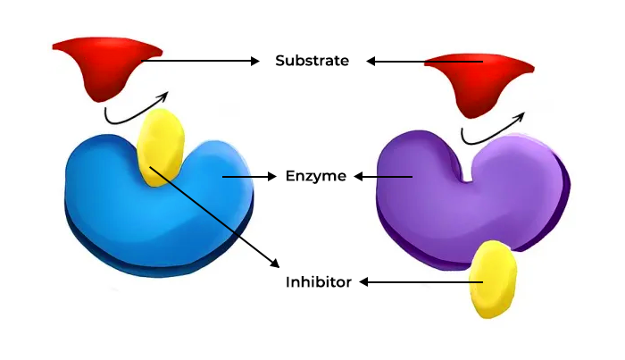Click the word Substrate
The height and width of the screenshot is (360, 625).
pos(312,61)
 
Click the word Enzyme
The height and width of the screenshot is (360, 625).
pos(315,176)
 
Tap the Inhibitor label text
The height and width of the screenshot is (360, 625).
pos(318,282)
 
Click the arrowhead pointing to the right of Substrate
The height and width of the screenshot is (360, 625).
pos(371,62)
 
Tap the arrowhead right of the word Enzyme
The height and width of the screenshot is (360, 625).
pos(361,177)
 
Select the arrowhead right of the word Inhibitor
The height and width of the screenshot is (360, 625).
pos(365,282)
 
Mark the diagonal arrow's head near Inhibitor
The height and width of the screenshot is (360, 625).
pos(273,262)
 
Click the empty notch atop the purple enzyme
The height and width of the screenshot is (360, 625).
pos(470,165)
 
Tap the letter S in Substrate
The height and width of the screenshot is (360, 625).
pos(280,61)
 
